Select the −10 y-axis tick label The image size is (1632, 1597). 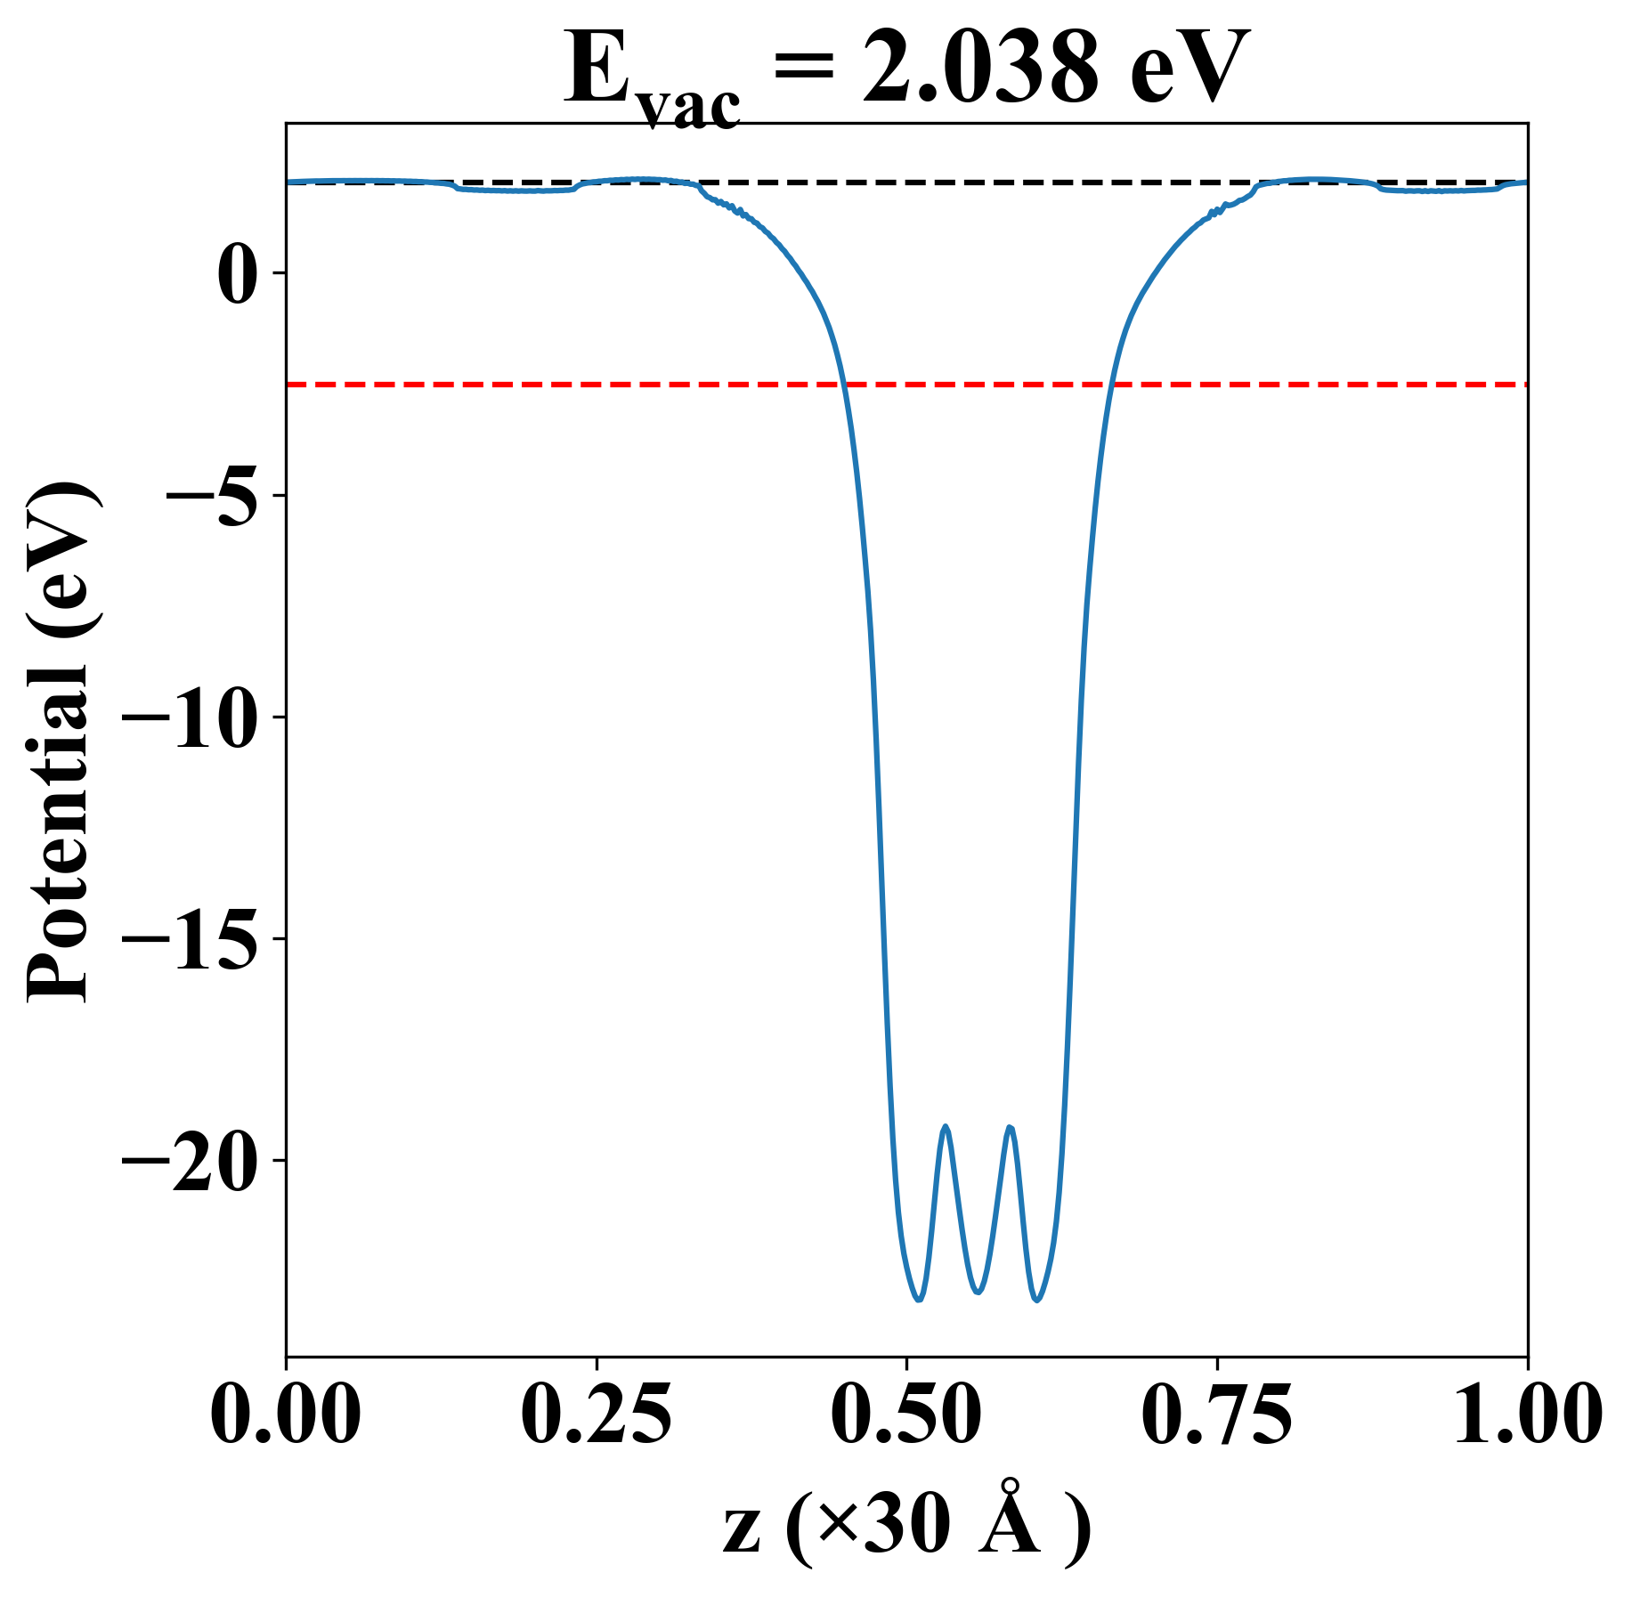click(190, 717)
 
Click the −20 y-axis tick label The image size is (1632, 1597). click(190, 1161)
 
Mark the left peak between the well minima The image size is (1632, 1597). click(946, 1128)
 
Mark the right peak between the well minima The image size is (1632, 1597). click(1011, 1128)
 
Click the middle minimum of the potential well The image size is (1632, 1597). click(978, 1292)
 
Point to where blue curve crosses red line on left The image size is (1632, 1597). click(842, 385)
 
